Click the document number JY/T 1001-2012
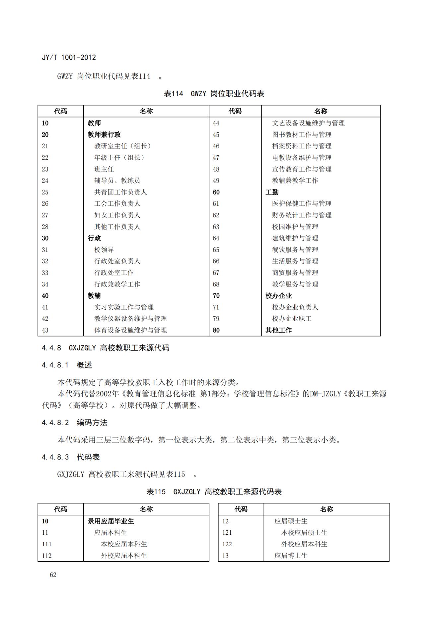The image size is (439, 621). point(69,57)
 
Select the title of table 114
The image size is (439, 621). point(214,94)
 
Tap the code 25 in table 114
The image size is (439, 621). point(45,192)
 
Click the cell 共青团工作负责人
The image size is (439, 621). point(120,192)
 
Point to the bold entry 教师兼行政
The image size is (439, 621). point(104,134)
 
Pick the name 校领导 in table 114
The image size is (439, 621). point(104,250)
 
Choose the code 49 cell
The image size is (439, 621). point(216,181)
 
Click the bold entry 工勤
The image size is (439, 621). point(272,192)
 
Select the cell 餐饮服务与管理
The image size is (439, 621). point(295,250)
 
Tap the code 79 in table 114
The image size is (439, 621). point(216,319)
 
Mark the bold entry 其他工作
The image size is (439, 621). point(278,330)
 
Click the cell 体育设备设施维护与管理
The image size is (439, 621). point(130,330)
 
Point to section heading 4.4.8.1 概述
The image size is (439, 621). point(67,365)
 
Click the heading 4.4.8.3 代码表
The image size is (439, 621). point(71,457)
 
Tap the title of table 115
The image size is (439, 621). point(214,492)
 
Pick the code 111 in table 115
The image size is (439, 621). point(47,544)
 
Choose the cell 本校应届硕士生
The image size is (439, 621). point(304,532)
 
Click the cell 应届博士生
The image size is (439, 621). point(291,556)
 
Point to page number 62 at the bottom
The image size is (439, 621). point(53,575)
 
